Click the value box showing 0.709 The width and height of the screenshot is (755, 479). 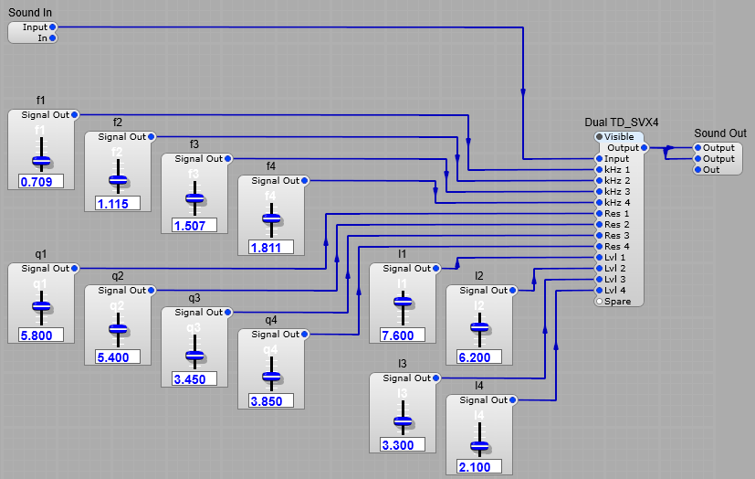click(41, 181)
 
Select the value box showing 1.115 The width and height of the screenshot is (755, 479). click(118, 203)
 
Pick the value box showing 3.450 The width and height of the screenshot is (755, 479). click(194, 378)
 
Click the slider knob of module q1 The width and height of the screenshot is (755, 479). click(41, 306)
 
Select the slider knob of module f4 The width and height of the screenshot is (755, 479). click(271, 218)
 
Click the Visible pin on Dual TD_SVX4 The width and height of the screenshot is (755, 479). click(600, 137)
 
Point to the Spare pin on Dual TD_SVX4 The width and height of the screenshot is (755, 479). click(600, 301)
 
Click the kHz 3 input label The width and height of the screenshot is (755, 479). click(617, 192)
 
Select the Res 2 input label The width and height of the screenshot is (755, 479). click(617, 225)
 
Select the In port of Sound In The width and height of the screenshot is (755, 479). click(54, 38)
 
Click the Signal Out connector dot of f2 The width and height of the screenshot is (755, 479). click(152, 137)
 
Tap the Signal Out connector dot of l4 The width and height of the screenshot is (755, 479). click(513, 400)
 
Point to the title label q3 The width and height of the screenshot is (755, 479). click(194, 298)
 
